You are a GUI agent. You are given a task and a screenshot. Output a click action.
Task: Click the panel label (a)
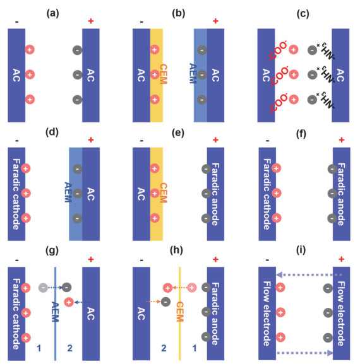[53, 13]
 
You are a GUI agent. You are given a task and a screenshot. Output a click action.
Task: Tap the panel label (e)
[178, 133]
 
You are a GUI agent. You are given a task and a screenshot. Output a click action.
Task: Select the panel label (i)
[301, 250]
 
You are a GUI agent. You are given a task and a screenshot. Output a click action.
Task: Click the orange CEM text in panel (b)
[164, 74]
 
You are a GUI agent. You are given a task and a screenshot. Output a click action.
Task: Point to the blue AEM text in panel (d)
[68, 192]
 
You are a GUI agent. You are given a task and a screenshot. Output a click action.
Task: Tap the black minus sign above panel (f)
[268, 141]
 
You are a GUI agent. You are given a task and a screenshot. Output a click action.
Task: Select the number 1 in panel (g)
[39, 348]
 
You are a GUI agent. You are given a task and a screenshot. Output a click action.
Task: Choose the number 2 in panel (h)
[164, 348]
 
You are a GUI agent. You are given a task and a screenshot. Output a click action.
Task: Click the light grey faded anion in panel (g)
[43, 288]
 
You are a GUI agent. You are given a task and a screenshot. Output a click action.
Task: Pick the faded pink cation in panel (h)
[192, 288]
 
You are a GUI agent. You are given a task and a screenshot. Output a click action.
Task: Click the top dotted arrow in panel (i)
[309, 275]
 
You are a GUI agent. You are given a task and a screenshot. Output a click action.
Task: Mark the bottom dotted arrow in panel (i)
[305, 353]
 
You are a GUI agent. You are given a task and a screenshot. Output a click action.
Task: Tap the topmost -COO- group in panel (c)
[278, 50]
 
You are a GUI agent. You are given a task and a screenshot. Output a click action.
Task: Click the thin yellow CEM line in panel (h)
[179, 314]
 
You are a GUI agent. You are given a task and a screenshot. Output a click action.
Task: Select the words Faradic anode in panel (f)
[341, 194]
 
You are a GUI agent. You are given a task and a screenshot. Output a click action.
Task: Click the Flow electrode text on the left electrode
[267, 314]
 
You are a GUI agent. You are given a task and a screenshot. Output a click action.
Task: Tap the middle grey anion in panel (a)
[78, 75]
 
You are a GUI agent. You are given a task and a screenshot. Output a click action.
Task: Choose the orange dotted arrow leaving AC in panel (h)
[153, 302]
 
